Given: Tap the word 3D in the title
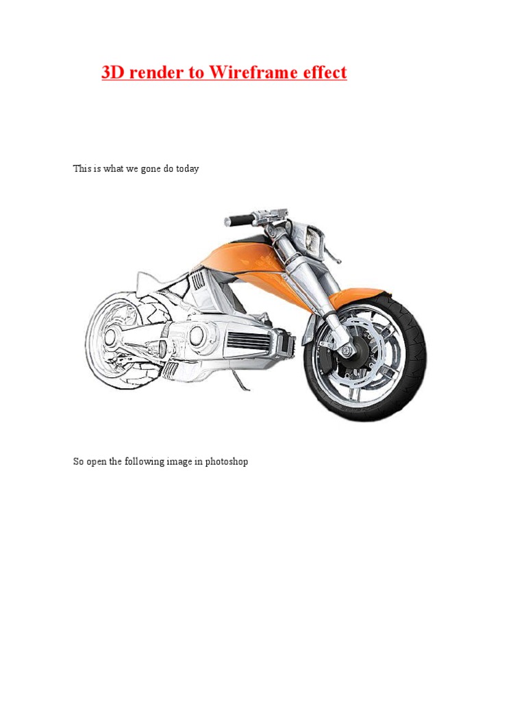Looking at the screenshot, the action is point(113,72).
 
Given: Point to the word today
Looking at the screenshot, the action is point(187,168).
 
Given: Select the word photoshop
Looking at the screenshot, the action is point(226,461).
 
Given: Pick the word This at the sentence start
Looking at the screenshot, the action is point(82,168).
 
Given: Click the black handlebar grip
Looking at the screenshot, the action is point(239,220).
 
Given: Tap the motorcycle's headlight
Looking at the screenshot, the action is point(312,239).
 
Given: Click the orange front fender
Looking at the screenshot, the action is point(358,295).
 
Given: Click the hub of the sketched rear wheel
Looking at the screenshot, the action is point(110,336).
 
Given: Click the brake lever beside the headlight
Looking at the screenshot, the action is point(332,253).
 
